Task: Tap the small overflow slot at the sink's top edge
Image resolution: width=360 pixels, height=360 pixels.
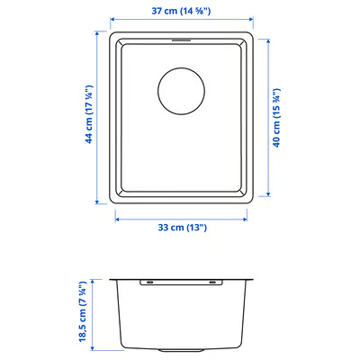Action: [x=181, y=40]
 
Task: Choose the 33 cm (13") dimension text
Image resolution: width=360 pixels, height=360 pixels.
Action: [x=181, y=227]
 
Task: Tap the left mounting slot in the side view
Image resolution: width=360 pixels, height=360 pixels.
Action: [x=147, y=283]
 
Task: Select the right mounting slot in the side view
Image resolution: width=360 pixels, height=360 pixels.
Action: [x=214, y=283]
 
